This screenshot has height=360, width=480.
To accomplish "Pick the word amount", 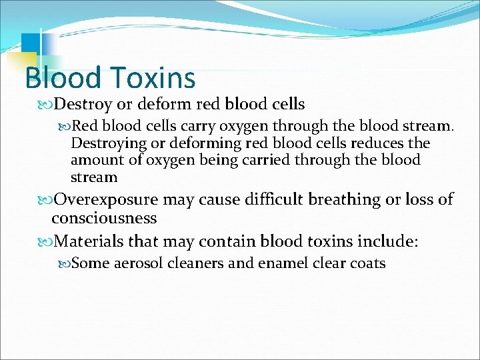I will click(x=93, y=160).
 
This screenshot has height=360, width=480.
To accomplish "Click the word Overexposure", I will click(x=106, y=199).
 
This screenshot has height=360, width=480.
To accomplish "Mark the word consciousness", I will click(x=104, y=218).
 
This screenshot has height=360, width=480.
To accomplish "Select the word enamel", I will click(x=279, y=263).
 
